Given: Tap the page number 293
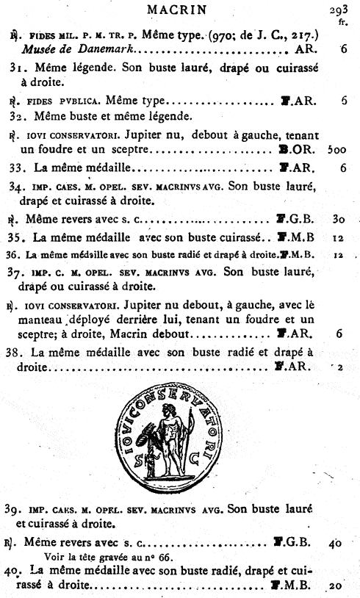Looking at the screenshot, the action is coord(339,10).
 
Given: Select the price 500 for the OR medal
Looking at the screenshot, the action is coord(337,149).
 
